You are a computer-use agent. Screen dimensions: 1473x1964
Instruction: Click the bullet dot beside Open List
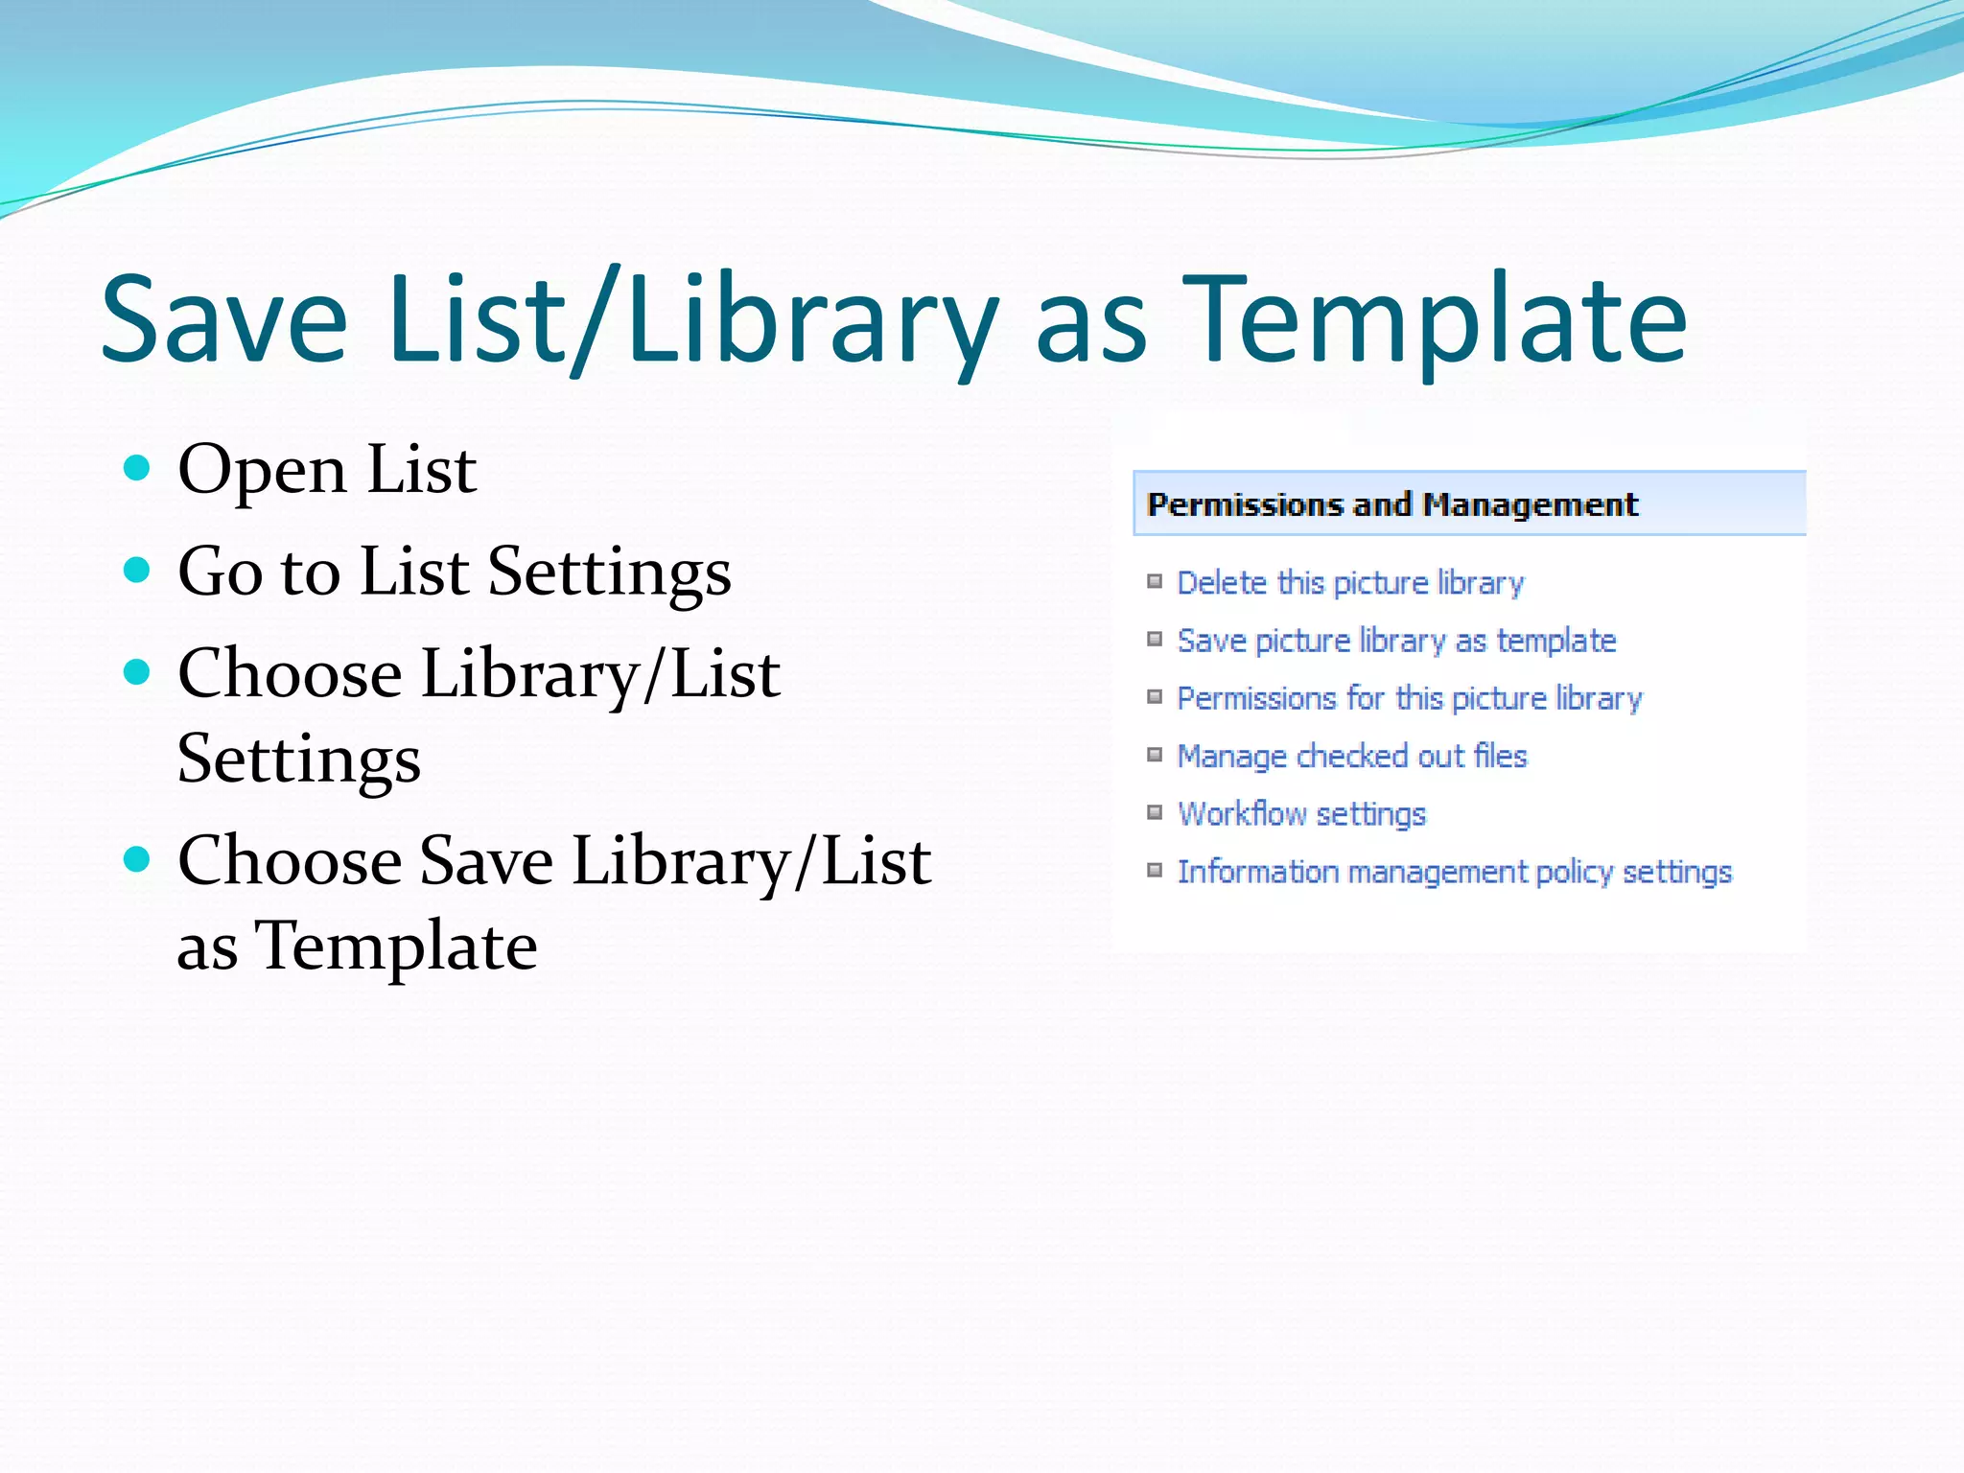[x=137, y=468]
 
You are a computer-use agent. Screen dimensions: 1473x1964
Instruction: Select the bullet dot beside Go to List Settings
[x=137, y=571]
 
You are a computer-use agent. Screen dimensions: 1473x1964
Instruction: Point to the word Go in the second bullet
[x=220, y=572]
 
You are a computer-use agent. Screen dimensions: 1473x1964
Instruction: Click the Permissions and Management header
[x=1392, y=504]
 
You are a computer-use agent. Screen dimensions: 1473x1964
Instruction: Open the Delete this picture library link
[x=1350, y=583]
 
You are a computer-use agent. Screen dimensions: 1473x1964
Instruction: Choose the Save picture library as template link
[x=1396, y=641]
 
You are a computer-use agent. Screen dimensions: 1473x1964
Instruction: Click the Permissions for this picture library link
[x=1409, y=698]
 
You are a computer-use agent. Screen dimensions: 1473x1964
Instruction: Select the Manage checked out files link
[x=1351, y=757]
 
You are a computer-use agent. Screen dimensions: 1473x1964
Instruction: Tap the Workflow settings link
[x=1301, y=814]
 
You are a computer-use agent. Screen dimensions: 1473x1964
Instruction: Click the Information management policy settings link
[x=1454, y=872]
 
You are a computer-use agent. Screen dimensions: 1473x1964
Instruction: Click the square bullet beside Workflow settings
[x=1155, y=812]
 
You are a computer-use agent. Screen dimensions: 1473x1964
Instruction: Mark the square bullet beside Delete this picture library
[x=1155, y=581]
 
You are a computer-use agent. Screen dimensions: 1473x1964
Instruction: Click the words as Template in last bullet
[x=357, y=946]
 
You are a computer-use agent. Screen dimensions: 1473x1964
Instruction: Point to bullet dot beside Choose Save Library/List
[x=137, y=857]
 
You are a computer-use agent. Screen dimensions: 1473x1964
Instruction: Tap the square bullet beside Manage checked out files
[x=1155, y=755]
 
